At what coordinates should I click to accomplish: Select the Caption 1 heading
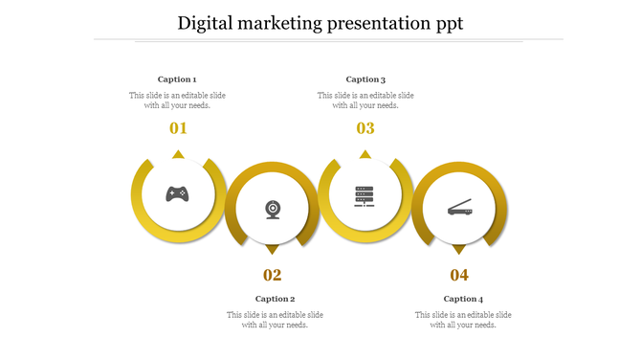click(x=177, y=79)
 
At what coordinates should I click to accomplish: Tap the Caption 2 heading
click(x=275, y=299)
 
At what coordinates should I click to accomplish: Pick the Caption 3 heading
click(x=365, y=79)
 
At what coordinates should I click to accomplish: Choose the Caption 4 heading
click(x=463, y=299)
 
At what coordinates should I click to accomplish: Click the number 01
click(x=178, y=128)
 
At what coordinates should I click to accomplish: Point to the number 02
click(x=273, y=276)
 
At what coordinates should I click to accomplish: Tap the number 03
click(x=365, y=128)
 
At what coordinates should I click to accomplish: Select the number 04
click(x=459, y=276)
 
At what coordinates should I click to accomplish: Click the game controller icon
click(x=177, y=194)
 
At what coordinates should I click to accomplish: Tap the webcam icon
click(x=273, y=209)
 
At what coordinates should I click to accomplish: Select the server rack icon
click(x=365, y=195)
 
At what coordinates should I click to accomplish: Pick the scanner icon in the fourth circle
click(x=459, y=207)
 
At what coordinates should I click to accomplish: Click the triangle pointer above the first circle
click(x=178, y=154)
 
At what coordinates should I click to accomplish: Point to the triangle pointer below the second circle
click(x=272, y=249)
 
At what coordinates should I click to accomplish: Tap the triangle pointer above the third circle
click(x=365, y=154)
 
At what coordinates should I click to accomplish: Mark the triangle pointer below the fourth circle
click(x=459, y=249)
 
